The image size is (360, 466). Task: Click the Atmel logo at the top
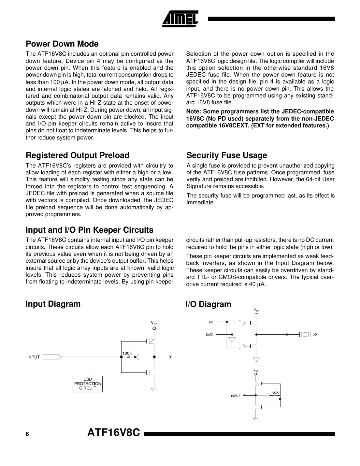[180, 19]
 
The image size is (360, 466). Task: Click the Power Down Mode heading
[62, 44]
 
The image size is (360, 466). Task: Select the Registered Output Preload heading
[77, 155]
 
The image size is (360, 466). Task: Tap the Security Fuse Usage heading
[226, 155]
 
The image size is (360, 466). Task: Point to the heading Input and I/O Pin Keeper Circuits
[89, 230]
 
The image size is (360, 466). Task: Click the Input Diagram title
[53, 304]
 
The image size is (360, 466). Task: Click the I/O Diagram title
[208, 304]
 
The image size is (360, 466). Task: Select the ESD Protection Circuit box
[87, 384]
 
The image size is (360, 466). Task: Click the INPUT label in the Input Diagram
[33, 357]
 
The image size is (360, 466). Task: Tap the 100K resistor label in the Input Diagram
[127, 353]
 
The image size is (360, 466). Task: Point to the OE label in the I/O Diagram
[211, 322]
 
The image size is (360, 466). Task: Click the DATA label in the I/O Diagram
[209, 335]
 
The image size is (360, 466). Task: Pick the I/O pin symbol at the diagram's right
[305, 335]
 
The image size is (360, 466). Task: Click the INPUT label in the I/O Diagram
[235, 396]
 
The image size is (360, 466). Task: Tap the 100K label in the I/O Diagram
[275, 393]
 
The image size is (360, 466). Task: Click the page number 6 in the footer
[27, 434]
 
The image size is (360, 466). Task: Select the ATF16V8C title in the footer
[114, 433]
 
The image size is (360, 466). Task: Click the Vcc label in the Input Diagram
[154, 323]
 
